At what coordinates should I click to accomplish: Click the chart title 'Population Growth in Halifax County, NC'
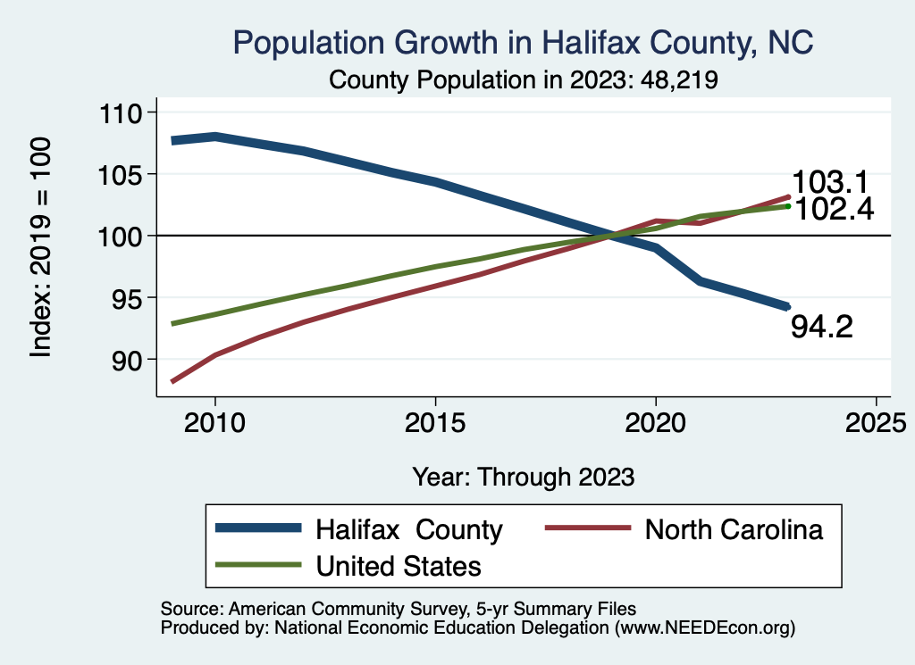tap(523, 43)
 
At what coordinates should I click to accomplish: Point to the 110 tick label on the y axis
tap(122, 113)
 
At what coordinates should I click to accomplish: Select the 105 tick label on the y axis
tap(122, 174)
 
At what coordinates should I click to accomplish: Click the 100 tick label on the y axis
tap(122, 236)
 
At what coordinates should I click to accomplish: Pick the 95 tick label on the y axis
tap(130, 297)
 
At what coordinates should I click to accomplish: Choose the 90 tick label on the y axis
tap(130, 359)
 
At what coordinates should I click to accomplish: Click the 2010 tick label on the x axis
tap(215, 421)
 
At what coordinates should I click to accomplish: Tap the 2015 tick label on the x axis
tap(435, 421)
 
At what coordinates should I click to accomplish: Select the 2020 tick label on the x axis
tap(656, 421)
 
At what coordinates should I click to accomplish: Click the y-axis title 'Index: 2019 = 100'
tap(41, 248)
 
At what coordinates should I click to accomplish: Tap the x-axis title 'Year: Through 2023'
tap(523, 477)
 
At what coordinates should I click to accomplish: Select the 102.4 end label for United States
tap(834, 209)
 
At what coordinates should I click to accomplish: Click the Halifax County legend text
tap(409, 529)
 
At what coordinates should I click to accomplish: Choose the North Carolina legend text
tap(734, 529)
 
